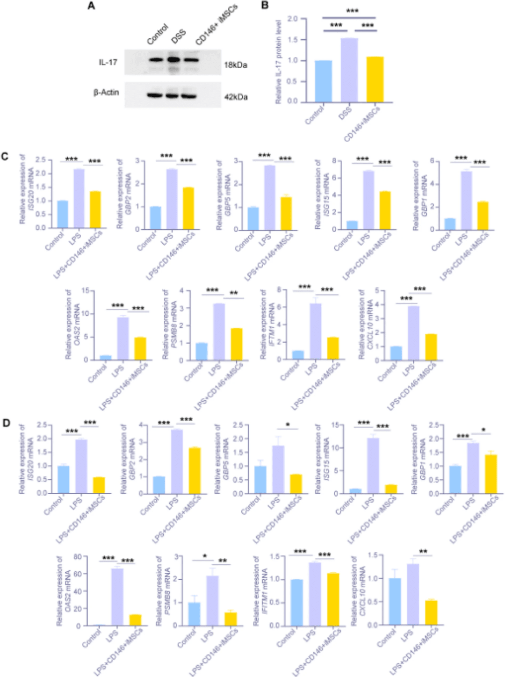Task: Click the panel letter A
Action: pyautogui.click(x=91, y=6)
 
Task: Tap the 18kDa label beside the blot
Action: pyautogui.click(x=235, y=65)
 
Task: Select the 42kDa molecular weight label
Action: pyautogui.click(x=235, y=97)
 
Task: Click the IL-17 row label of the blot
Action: pyautogui.click(x=108, y=62)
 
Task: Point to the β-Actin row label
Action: pyautogui.click(x=106, y=93)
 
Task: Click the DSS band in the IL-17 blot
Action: pyautogui.click(x=173, y=60)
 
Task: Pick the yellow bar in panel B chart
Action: pyautogui.click(x=375, y=79)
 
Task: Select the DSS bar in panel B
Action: pyautogui.click(x=349, y=70)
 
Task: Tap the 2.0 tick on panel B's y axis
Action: pyautogui.click(x=293, y=19)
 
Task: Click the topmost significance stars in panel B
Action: pyautogui.click(x=352, y=11)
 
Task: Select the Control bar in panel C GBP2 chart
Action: pyautogui.click(x=156, y=218)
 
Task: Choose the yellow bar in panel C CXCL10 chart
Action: pyautogui.click(x=431, y=347)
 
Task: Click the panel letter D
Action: pyautogui.click(x=6, y=423)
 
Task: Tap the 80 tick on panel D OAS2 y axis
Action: pyautogui.click(x=77, y=557)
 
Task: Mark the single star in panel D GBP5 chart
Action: pyautogui.click(x=288, y=425)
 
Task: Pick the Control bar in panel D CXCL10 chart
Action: pyautogui.click(x=395, y=601)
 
